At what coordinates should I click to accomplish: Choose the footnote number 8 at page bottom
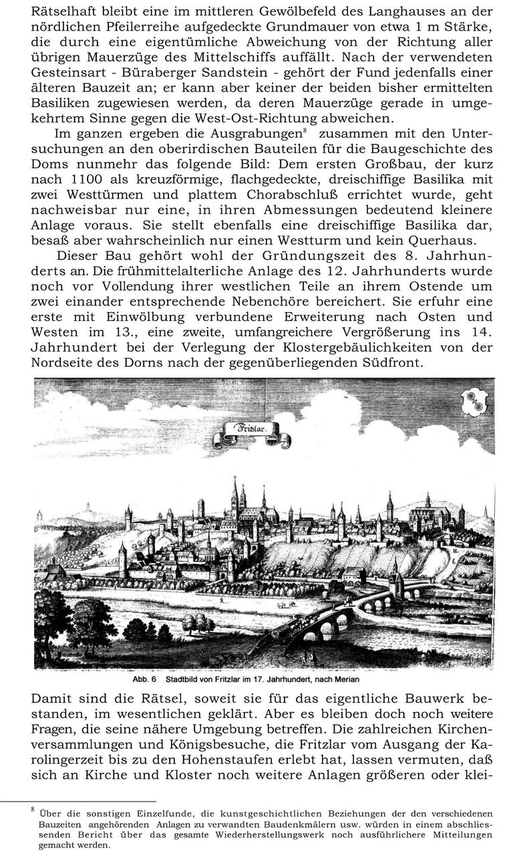[x=33, y=811]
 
